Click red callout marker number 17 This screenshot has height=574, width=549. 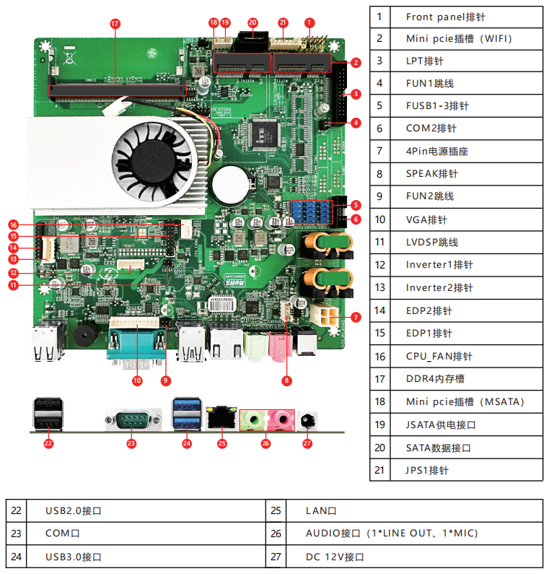[115, 23]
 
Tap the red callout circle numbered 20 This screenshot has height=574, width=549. [252, 22]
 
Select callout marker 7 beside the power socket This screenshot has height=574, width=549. [355, 316]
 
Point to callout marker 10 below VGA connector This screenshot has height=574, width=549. [137, 380]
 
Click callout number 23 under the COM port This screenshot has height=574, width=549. [131, 443]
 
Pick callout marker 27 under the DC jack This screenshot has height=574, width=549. [307, 443]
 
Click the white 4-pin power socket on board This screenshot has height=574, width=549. [325, 316]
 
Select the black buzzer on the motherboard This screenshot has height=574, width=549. [84, 337]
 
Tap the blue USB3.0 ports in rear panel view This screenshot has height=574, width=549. [186, 414]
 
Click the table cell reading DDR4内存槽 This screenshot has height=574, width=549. [435, 378]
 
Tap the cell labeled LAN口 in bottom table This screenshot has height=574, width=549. [321, 510]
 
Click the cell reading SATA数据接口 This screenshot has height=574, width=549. [438, 448]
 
